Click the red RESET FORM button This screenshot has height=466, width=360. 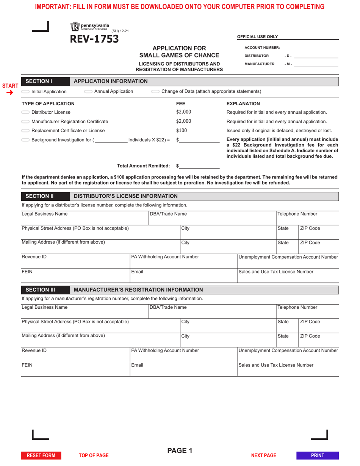point(41,455)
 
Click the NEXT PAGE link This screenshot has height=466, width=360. point(264,455)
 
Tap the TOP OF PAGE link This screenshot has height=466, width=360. point(94,455)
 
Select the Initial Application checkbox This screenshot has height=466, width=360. point(25,92)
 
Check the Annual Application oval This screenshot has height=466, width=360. point(88,91)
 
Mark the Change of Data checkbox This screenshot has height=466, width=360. point(155,91)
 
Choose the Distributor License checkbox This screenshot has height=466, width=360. point(25,112)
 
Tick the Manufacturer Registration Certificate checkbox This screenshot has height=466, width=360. point(25,122)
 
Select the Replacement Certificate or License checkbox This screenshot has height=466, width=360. point(25,131)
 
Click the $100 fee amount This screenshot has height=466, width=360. point(182,131)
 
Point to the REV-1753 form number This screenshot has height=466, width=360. point(94,39)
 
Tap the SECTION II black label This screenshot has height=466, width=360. point(39,196)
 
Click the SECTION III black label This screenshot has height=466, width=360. point(40,290)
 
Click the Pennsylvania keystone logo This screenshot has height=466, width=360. point(75,27)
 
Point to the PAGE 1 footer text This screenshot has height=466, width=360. point(180,450)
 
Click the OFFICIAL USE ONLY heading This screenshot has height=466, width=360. point(257,37)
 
